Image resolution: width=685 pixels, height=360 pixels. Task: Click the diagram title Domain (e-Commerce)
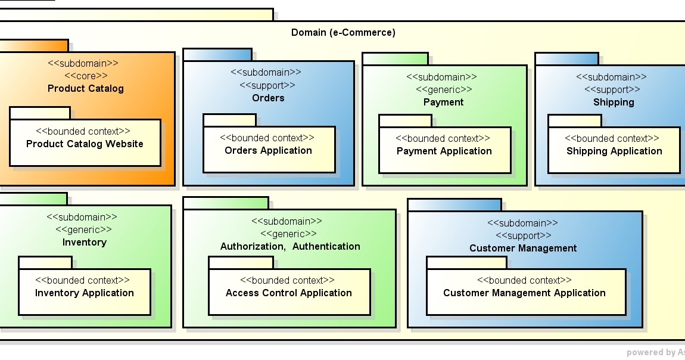click(x=342, y=33)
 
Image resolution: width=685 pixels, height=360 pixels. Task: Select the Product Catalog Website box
click(x=85, y=143)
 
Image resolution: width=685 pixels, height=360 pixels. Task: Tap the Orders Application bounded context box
click(x=269, y=150)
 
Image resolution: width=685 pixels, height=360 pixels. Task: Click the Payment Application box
click(x=444, y=150)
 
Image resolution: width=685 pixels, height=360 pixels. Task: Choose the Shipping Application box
click(x=614, y=150)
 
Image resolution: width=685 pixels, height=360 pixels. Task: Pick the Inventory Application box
click(x=84, y=292)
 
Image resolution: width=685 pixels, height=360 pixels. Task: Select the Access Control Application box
click(x=289, y=292)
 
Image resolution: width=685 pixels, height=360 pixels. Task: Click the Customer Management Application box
click(x=524, y=292)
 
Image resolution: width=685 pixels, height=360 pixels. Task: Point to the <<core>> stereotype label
click(x=86, y=76)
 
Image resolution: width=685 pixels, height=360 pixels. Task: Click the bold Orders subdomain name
click(x=268, y=98)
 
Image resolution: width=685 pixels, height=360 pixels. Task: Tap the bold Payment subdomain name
click(x=443, y=102)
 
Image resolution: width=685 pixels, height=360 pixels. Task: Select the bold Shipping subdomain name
click(x=614, y=102)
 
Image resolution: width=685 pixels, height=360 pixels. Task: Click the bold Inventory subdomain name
click(x=85, y=242)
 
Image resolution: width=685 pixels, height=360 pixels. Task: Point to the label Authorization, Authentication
click(x=290, y=246)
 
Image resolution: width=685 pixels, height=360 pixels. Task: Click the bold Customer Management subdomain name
click(x=523, y=248)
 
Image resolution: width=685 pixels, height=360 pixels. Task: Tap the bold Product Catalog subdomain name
click(x=86, y=88)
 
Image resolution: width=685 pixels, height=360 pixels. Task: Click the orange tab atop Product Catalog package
click(x=34, y=45)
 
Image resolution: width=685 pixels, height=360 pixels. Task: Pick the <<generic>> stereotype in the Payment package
click(x=443, y=89)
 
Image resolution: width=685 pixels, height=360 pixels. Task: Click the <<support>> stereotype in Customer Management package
click(x=523, y=235)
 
